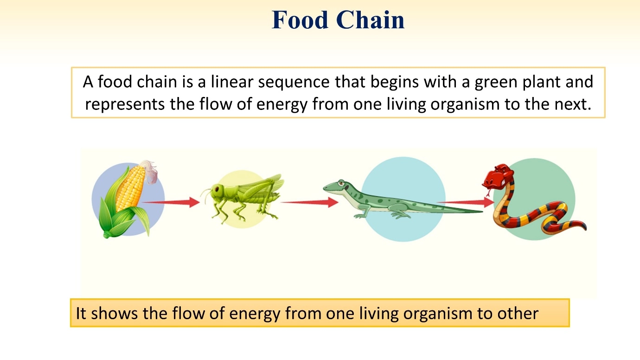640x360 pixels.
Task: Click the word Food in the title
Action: [300, 19]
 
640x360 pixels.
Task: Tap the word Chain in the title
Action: [370, 19]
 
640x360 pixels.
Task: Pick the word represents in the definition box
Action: [125, 104]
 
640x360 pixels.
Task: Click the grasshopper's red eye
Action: [217, 189]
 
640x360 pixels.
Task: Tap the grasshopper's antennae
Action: [206, 194]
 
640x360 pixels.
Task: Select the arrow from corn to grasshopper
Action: [171, 202]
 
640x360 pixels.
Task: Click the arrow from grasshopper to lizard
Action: [310, 202]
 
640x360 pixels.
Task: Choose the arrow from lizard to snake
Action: [466, 202]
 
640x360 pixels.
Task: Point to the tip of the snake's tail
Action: [586, 229]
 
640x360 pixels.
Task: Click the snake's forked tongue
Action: [488, 193]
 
